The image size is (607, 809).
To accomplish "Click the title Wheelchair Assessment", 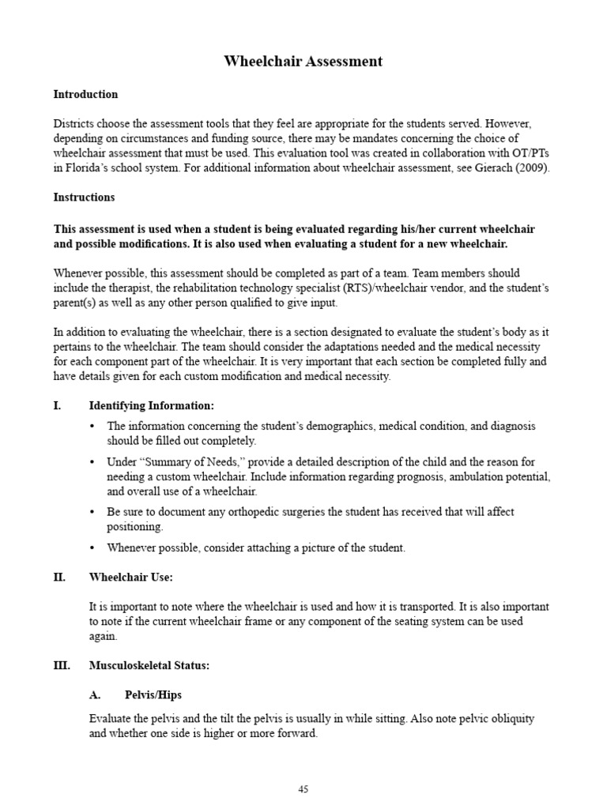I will click(303, 61).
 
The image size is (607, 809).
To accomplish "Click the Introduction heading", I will click(85, 94).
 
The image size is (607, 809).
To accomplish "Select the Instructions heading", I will click(84, 197).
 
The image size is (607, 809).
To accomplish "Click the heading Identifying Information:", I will click(151, 405).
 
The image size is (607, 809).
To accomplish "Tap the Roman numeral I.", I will click(57, 405).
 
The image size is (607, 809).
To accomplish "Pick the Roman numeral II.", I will click(59, 578).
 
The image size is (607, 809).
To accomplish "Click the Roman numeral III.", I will click(62, 665).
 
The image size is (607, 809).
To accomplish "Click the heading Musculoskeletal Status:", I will click(149, 665).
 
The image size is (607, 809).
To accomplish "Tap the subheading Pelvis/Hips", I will click(153, 694).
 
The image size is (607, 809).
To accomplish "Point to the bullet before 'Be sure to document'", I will click(92, 511).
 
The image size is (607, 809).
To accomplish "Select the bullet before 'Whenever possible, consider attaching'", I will click(92, 547).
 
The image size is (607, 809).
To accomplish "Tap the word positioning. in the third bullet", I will click(135, 526).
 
